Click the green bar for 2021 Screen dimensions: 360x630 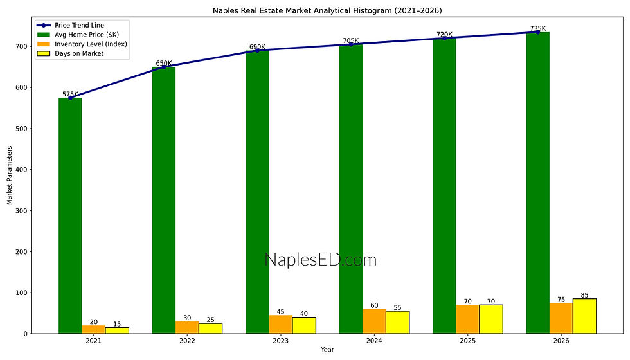pyautogui.click(x=70, y=215)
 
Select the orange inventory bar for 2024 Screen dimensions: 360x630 pyautogui.click(x=374, y=321)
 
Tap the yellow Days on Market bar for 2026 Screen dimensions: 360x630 pyautogui.click(x=584, y=316)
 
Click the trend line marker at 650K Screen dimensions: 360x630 pyautogui.click(x=164, y=67)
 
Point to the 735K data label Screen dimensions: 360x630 pyautogui.click(x=537, y=28)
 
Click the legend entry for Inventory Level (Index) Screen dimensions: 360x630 pyautogui.click(x=91, y=44)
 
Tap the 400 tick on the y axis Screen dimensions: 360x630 pyautogui.click(x=23, y=170)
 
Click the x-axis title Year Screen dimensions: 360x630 pyautogui.click(x=328, y=350)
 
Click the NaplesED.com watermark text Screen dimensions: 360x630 pyautogui.click(x=320, y=260)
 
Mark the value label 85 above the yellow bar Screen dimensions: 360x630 pyautogui.click(x=584, y=295)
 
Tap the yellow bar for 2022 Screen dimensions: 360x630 pyautogui.click(x=210, y=328)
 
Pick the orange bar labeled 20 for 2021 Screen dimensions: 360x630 pyautogui.click(x=93, y=329)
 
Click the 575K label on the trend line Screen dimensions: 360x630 pyautogui.click(x=70, y=94)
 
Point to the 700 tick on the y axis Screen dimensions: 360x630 pyautogui.click(x=23, y=46)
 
